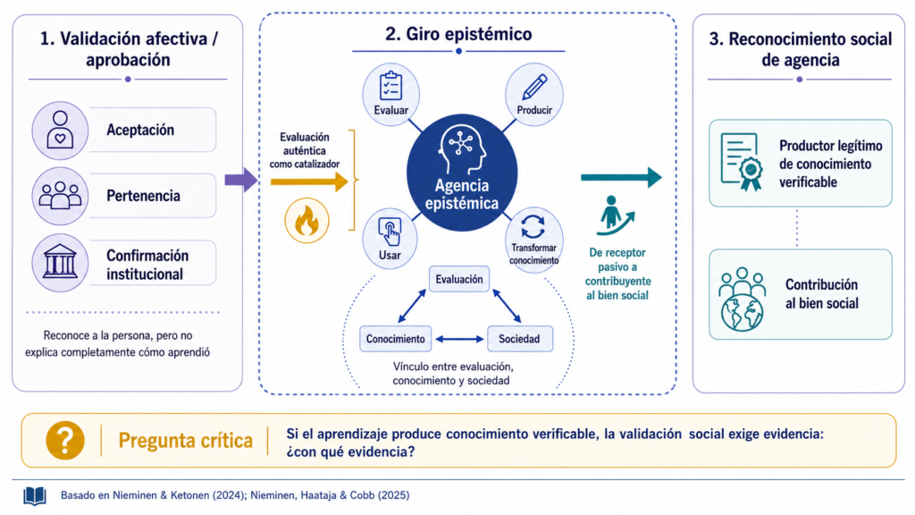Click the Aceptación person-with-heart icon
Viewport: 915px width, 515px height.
pyautogui.click(x=60, y=131)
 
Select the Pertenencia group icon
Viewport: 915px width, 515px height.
pyautogui.click(x=60, y=196)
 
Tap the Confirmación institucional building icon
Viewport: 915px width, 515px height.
pyautogui.click(x=60, y=263)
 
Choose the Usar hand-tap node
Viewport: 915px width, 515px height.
pyautogui.click(x=390, y=239)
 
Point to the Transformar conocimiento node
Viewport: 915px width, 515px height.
pyautogui.click(x=533, y=240)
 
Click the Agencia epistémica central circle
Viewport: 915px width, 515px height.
pyautogui.click(x=462, y=173)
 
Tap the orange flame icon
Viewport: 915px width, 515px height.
pyautogui.click(x=306, y=221)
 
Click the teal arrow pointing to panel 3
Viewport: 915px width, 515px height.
pyautogui.click(x=621, y=177)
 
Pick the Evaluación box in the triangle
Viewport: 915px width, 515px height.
pyautogui.click(x=459, y=279)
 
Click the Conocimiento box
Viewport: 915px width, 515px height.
pyautogui.click(x=396, y=339)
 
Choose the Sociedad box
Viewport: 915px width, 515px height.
pyautogui.click(x=519, y=339)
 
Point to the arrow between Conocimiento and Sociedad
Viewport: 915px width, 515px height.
pyautogui.click(x=460, y=339)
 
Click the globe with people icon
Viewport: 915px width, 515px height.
pyautogui.click(x=742, y=300)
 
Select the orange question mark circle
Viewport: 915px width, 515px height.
pyautogui.click(x=64, y=440)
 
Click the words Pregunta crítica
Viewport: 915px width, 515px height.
pyautogui.click(x=186, y=440)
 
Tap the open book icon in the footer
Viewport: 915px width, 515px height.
pyautogui.click(x=35, y=496)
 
